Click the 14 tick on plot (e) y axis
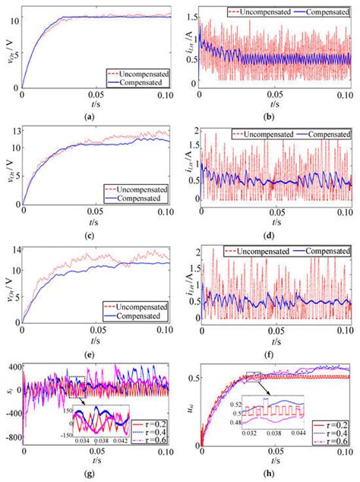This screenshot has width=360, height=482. tap(15, 251)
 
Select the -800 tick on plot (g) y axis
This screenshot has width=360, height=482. tap(13, 439)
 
